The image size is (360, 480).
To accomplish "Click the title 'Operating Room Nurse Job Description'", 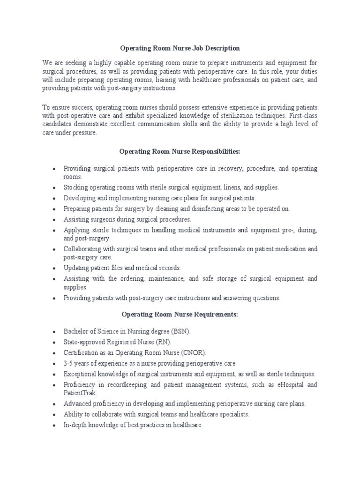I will click(180, 48).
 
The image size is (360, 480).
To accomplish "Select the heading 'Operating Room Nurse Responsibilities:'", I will click(180, 152).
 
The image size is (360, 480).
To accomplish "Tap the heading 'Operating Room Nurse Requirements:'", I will click(180, 314).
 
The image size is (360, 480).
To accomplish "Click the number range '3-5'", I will click(68, 363).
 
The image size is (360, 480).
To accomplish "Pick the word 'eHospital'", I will click(290, 385).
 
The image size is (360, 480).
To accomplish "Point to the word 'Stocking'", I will click(76, 187).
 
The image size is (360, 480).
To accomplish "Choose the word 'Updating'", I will click(76, 268).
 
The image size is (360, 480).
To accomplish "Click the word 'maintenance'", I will click(170, 279).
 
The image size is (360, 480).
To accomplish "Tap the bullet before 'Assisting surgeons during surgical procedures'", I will click(55, 219).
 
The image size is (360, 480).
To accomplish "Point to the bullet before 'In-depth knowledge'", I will click(55, 426).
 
